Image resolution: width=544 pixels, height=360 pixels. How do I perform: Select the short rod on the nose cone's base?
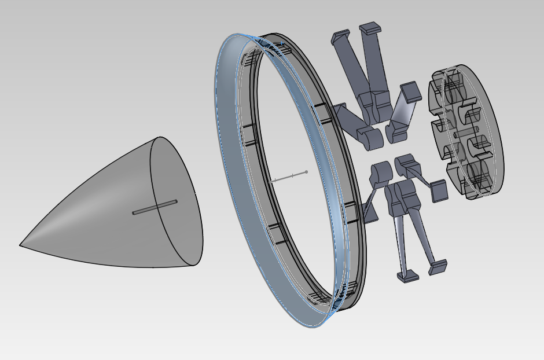[x=155, y=207]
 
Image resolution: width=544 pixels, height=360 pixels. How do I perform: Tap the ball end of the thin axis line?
[x=306, y=171]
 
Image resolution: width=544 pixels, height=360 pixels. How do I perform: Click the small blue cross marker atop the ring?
[x=282, y=43]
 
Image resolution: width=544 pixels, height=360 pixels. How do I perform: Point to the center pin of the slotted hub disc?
[x=457, y=134]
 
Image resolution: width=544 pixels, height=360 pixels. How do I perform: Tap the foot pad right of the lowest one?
[x=438, y=266]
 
